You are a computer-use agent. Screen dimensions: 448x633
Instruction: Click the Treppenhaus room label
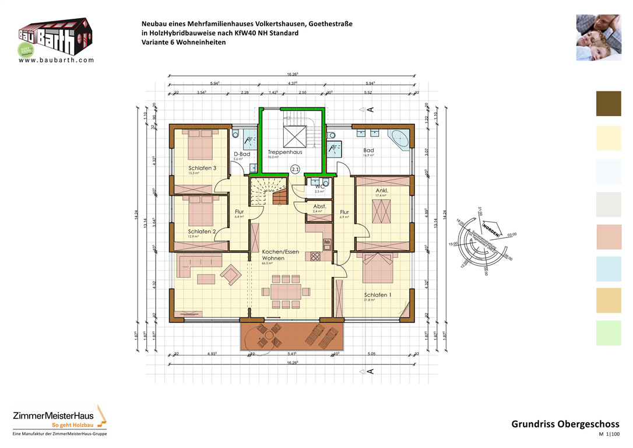[284, 152]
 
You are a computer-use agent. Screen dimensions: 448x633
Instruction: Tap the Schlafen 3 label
[202, 168]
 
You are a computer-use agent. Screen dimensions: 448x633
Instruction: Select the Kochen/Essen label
[280, 252]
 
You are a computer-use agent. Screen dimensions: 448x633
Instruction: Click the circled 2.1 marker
[295, 170]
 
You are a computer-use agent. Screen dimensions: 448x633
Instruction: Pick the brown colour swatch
[609, 104]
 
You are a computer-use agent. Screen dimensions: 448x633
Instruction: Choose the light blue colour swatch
[609, 269]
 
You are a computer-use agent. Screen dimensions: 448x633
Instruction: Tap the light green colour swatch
[609, 333]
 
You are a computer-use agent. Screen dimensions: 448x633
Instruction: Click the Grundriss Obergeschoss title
[565, 424]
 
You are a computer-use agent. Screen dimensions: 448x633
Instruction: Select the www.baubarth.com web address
[57, 60]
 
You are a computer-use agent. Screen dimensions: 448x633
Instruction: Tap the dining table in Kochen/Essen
[285, 290]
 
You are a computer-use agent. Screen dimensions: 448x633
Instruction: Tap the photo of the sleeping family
[599, 38]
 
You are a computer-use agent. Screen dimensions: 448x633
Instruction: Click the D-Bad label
[242, 154]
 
